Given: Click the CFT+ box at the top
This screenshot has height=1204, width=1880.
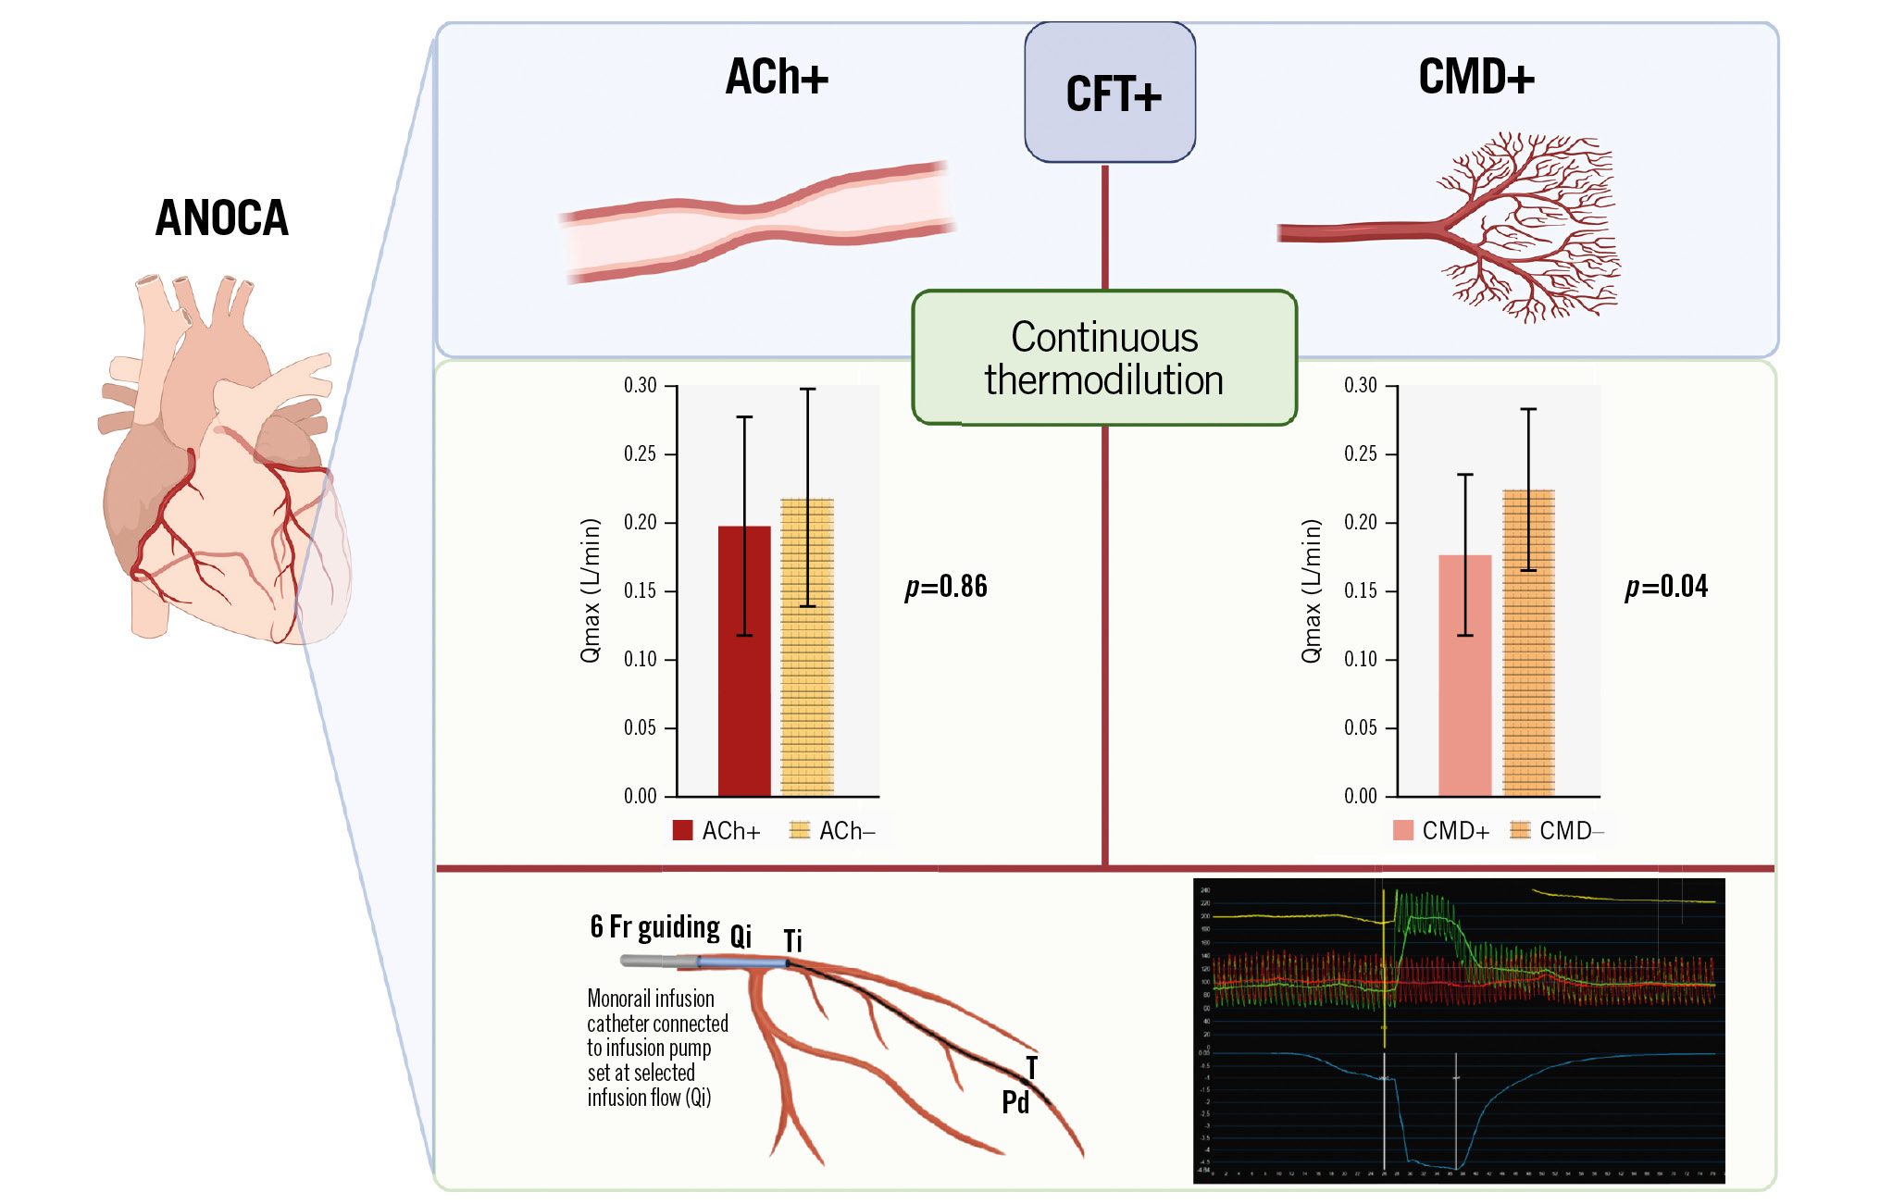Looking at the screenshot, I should click(1110, 93).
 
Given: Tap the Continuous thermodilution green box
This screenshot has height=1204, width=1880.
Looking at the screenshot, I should click(1103, 358).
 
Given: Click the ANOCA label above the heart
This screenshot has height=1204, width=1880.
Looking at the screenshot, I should click(222, 218).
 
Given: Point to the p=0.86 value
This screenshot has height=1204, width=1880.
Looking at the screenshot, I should click(946, 587).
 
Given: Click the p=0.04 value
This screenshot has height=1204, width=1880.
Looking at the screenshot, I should click(1666, 587).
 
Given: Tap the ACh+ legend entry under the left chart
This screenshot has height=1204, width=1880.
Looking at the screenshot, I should click(717, 830).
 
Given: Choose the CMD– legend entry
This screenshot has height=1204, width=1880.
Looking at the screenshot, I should click(1557, 830).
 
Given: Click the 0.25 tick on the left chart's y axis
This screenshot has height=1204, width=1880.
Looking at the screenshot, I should click(640, 453).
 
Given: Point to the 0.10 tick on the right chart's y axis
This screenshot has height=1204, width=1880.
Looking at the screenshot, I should click(1360, 659).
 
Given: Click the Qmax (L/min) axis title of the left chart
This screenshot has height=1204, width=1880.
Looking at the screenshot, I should click(591, 590).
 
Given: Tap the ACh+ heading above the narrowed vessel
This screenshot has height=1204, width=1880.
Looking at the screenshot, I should click(777, 77).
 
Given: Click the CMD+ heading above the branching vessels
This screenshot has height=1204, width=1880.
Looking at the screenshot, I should click(1476, 77).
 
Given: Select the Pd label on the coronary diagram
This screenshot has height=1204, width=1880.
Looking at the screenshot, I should click(1015, 1102).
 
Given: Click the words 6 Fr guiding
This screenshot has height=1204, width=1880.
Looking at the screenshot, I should click(654, 926).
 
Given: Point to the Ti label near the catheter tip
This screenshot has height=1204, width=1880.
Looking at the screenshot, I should click(792, 941).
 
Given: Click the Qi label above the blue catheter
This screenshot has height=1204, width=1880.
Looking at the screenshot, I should click(741, 936).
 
